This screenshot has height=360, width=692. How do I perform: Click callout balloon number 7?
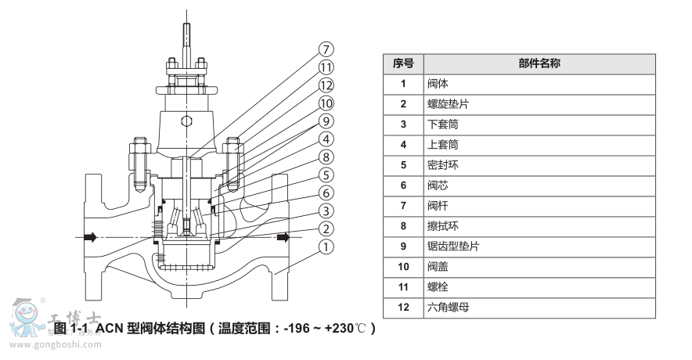(x=326, y=49)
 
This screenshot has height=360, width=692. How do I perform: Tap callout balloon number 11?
(x=326, y=67)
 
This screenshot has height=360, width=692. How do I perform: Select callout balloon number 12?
(x=326, y=85)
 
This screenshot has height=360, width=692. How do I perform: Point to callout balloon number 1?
(x=326, y=247)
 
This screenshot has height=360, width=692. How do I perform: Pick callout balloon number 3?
(x=326, y=211)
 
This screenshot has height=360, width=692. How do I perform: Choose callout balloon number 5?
(x=326, y=175)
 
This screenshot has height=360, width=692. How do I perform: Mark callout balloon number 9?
(x=326, y=121)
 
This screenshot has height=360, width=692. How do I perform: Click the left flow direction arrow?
(x=92, y=236)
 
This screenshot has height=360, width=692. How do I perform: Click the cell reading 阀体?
(x=438, y=84)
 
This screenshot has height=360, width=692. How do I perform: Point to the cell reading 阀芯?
(x=438, y=185)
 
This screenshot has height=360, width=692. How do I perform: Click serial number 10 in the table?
(x=403, y=267)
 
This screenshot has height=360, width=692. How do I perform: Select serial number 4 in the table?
(x=403, y=145)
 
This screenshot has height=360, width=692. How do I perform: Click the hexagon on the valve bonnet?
(x=186, y=121)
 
